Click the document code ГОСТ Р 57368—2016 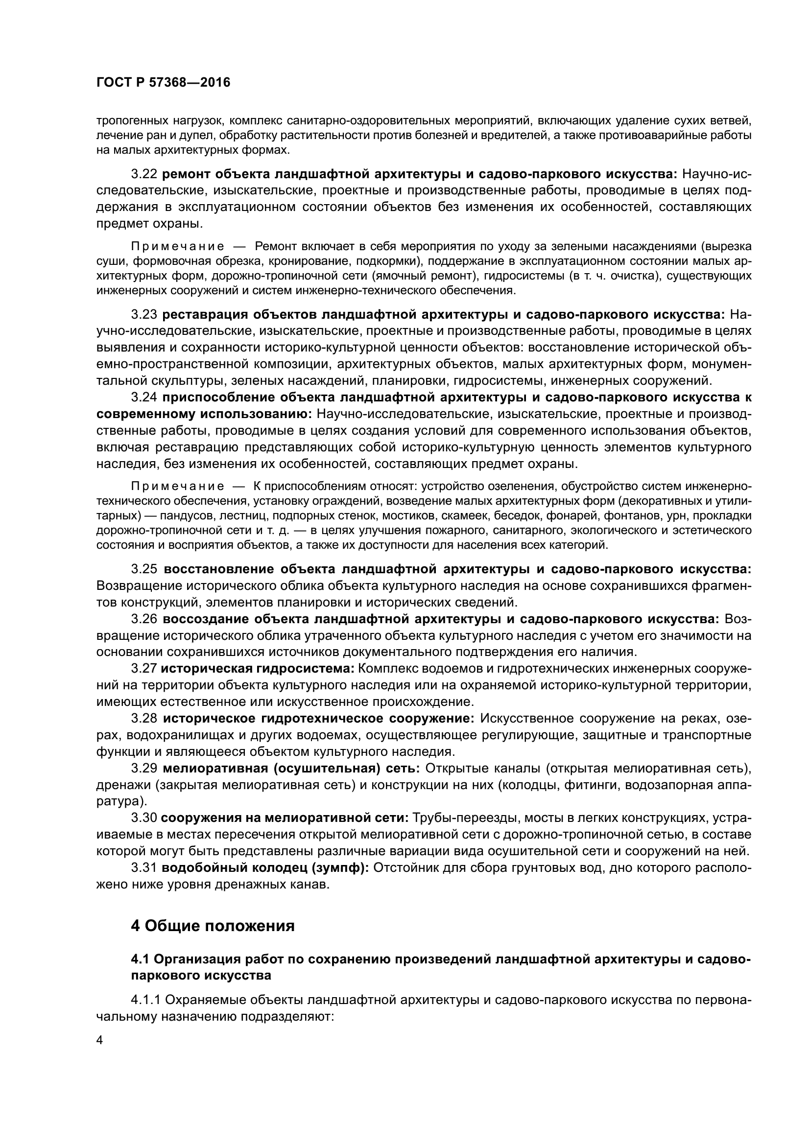click(x=163, y=83)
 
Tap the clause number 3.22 click(x=144, y=174)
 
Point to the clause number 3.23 click(x=144, y=315)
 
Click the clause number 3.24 click(x=144, y=397)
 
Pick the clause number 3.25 click(x=144, y=569)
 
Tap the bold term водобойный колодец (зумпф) click(x=266, y=868)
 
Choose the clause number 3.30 click(x=144, y=818)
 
